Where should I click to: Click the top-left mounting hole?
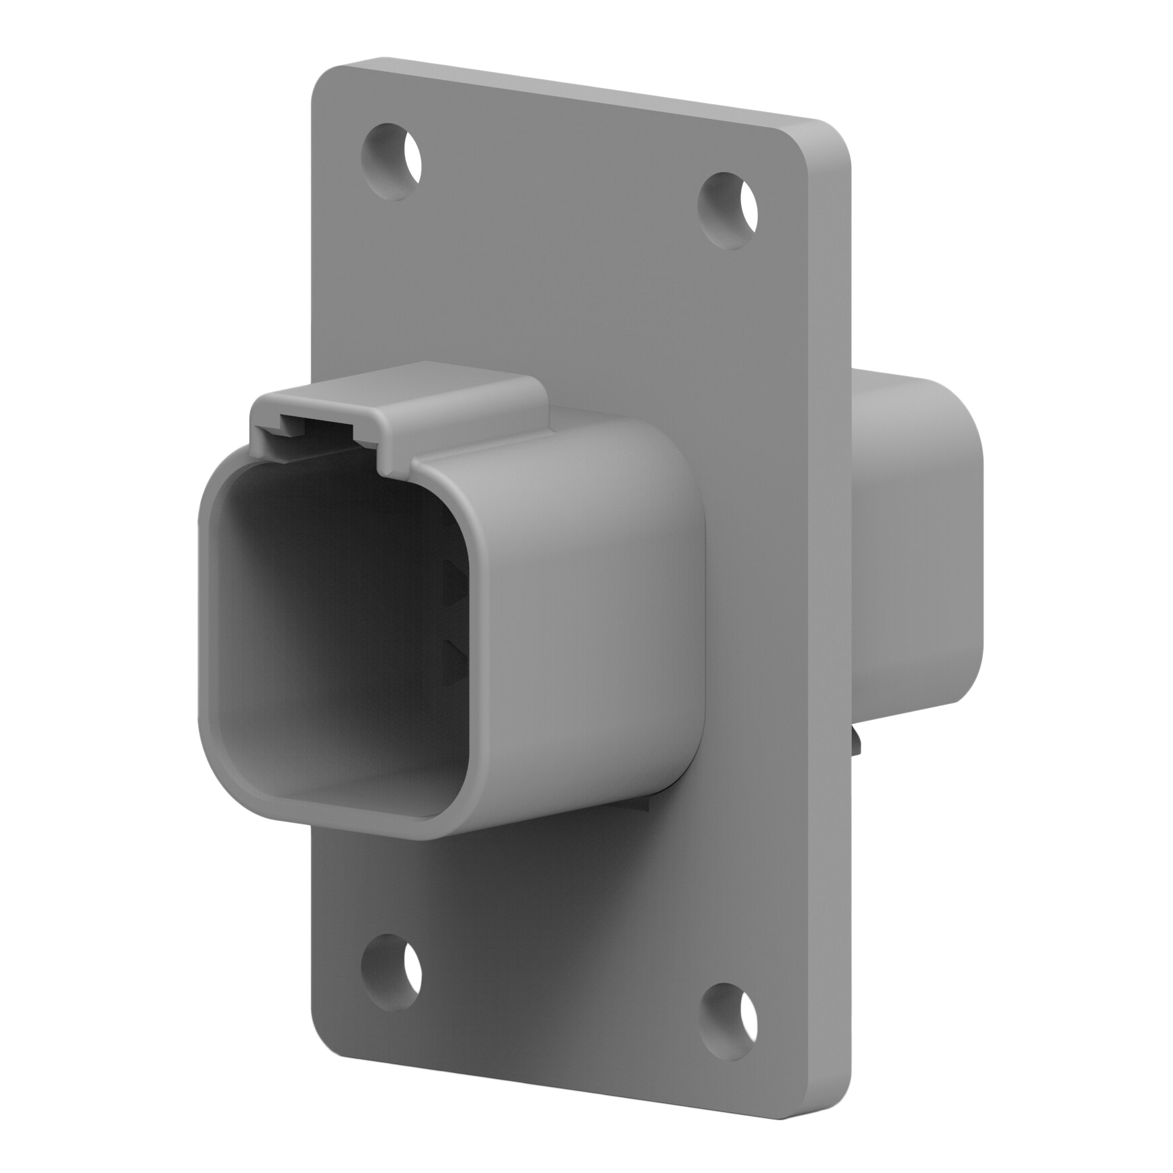[391, 161]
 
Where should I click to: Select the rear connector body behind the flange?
[920, 537]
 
